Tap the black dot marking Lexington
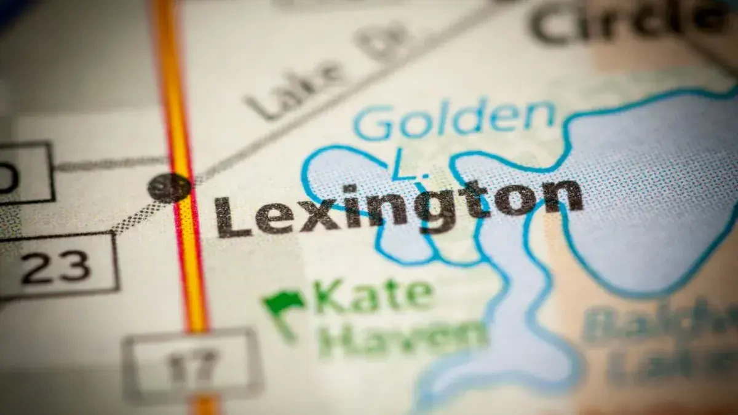click(x=169, y=187)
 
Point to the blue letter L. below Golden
click(x=402, y=167)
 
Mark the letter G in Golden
click(x=373, y=123)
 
